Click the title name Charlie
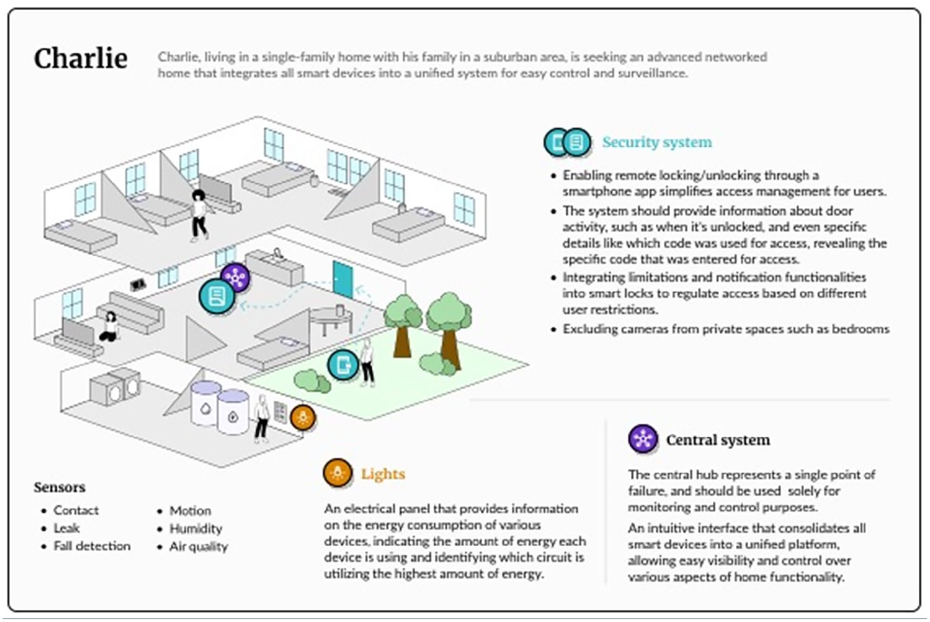[x=81, y=59]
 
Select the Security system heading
[x=657, y=142]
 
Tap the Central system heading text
[x=718, y=440]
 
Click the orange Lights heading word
[x=383, y=474]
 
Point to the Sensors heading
[x=60, y=487]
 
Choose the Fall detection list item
[x=92, y=546]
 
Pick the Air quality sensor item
[x=199, y=547]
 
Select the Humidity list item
[x=196, y=529]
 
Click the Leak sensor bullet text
[x=66, y=528]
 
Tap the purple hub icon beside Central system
[x=642, y=439]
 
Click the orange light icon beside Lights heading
[x=337, y=473]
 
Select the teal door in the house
[x=343, y=279]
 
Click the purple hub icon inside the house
[x=236, y=277]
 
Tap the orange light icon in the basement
[x=303, y=418]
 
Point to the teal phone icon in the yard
[x=343, y=364]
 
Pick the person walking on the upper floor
[x=199, y=215]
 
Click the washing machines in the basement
[x=115, y=387]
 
